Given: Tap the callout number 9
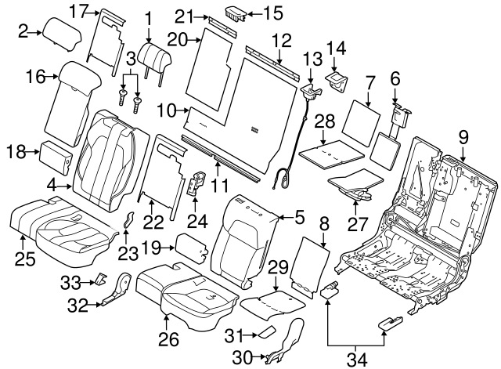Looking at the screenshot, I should (x=463, y=138).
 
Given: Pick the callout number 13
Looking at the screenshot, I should (x=312, y=59).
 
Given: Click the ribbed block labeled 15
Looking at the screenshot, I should (x=236, y=13).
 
